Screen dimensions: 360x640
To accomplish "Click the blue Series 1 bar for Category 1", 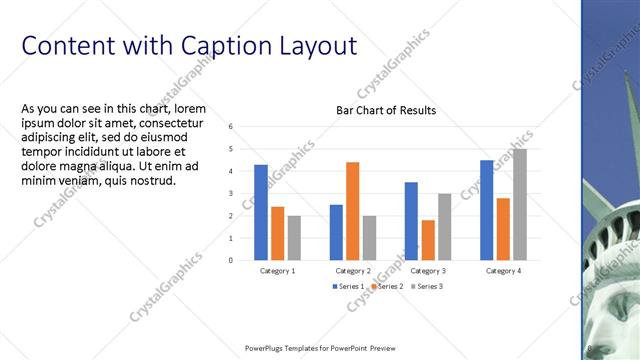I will [261, 212].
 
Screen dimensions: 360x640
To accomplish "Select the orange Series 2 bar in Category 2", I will [352, 210].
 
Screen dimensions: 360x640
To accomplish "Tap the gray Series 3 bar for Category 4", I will [519, 204].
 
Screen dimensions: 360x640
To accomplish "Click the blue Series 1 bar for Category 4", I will [487, 210].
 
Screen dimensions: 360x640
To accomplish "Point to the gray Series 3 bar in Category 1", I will [294, 238].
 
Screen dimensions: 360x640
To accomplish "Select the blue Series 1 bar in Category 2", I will [336, 232].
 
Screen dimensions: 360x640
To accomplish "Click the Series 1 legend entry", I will [350, 287].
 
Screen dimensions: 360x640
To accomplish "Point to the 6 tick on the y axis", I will [230, 127].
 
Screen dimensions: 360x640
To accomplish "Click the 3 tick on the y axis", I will [230, 194].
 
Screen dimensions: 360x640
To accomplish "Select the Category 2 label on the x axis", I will [352, 271].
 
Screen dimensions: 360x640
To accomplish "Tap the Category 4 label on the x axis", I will [503, 271].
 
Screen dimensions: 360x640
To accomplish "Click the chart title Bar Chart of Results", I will [385, 110].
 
